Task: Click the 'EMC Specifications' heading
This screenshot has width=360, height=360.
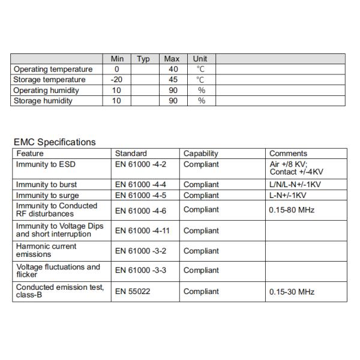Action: [x=54, y=142]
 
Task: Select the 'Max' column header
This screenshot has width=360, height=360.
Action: [x=172, y=59]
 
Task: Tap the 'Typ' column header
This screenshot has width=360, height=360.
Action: [x=143, y=59]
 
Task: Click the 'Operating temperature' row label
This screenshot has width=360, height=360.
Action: [x=53, y=70]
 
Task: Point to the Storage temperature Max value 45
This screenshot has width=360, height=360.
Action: [x=173, y=80]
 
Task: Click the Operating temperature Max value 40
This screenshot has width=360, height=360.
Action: [x=173, y=70]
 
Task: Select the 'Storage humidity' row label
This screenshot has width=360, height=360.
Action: [x=43, y=101]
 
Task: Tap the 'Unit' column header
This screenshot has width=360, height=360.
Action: [x=200, y=59]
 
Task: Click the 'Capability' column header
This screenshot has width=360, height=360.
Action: [x=201, y=154]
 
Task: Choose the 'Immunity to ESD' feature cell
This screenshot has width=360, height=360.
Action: [x=46, y=164]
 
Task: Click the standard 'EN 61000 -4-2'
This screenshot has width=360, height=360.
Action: [x=140, y=164]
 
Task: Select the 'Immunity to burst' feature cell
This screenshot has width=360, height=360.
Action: [x=46, y=185]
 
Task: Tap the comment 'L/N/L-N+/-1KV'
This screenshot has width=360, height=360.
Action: [x=296, y=185]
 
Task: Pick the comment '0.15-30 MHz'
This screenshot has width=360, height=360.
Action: [x=292, y=292]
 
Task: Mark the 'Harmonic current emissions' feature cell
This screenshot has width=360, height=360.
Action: [x=46, y=250]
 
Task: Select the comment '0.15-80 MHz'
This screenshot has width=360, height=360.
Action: [x=292, y=210]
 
